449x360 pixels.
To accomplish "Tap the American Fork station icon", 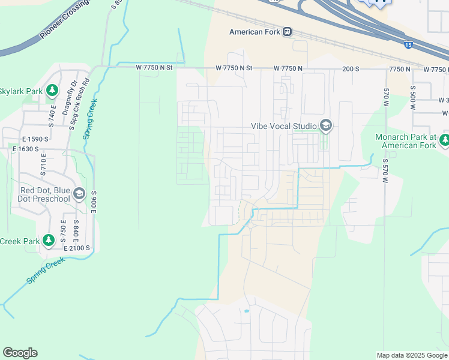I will pos(288,32).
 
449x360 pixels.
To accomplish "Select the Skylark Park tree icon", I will pos(52,91).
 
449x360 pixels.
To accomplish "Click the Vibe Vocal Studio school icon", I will pos(326,125).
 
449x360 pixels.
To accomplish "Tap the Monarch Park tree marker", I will pos(444,140).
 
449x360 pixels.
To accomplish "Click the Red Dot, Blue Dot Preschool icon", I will pos(79,194).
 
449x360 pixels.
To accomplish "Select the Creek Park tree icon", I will pos(49,241).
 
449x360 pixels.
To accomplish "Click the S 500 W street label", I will pos(413,98).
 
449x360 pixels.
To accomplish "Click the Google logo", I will pos(20,353).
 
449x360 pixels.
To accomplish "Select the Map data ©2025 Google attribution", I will pos(412,355).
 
